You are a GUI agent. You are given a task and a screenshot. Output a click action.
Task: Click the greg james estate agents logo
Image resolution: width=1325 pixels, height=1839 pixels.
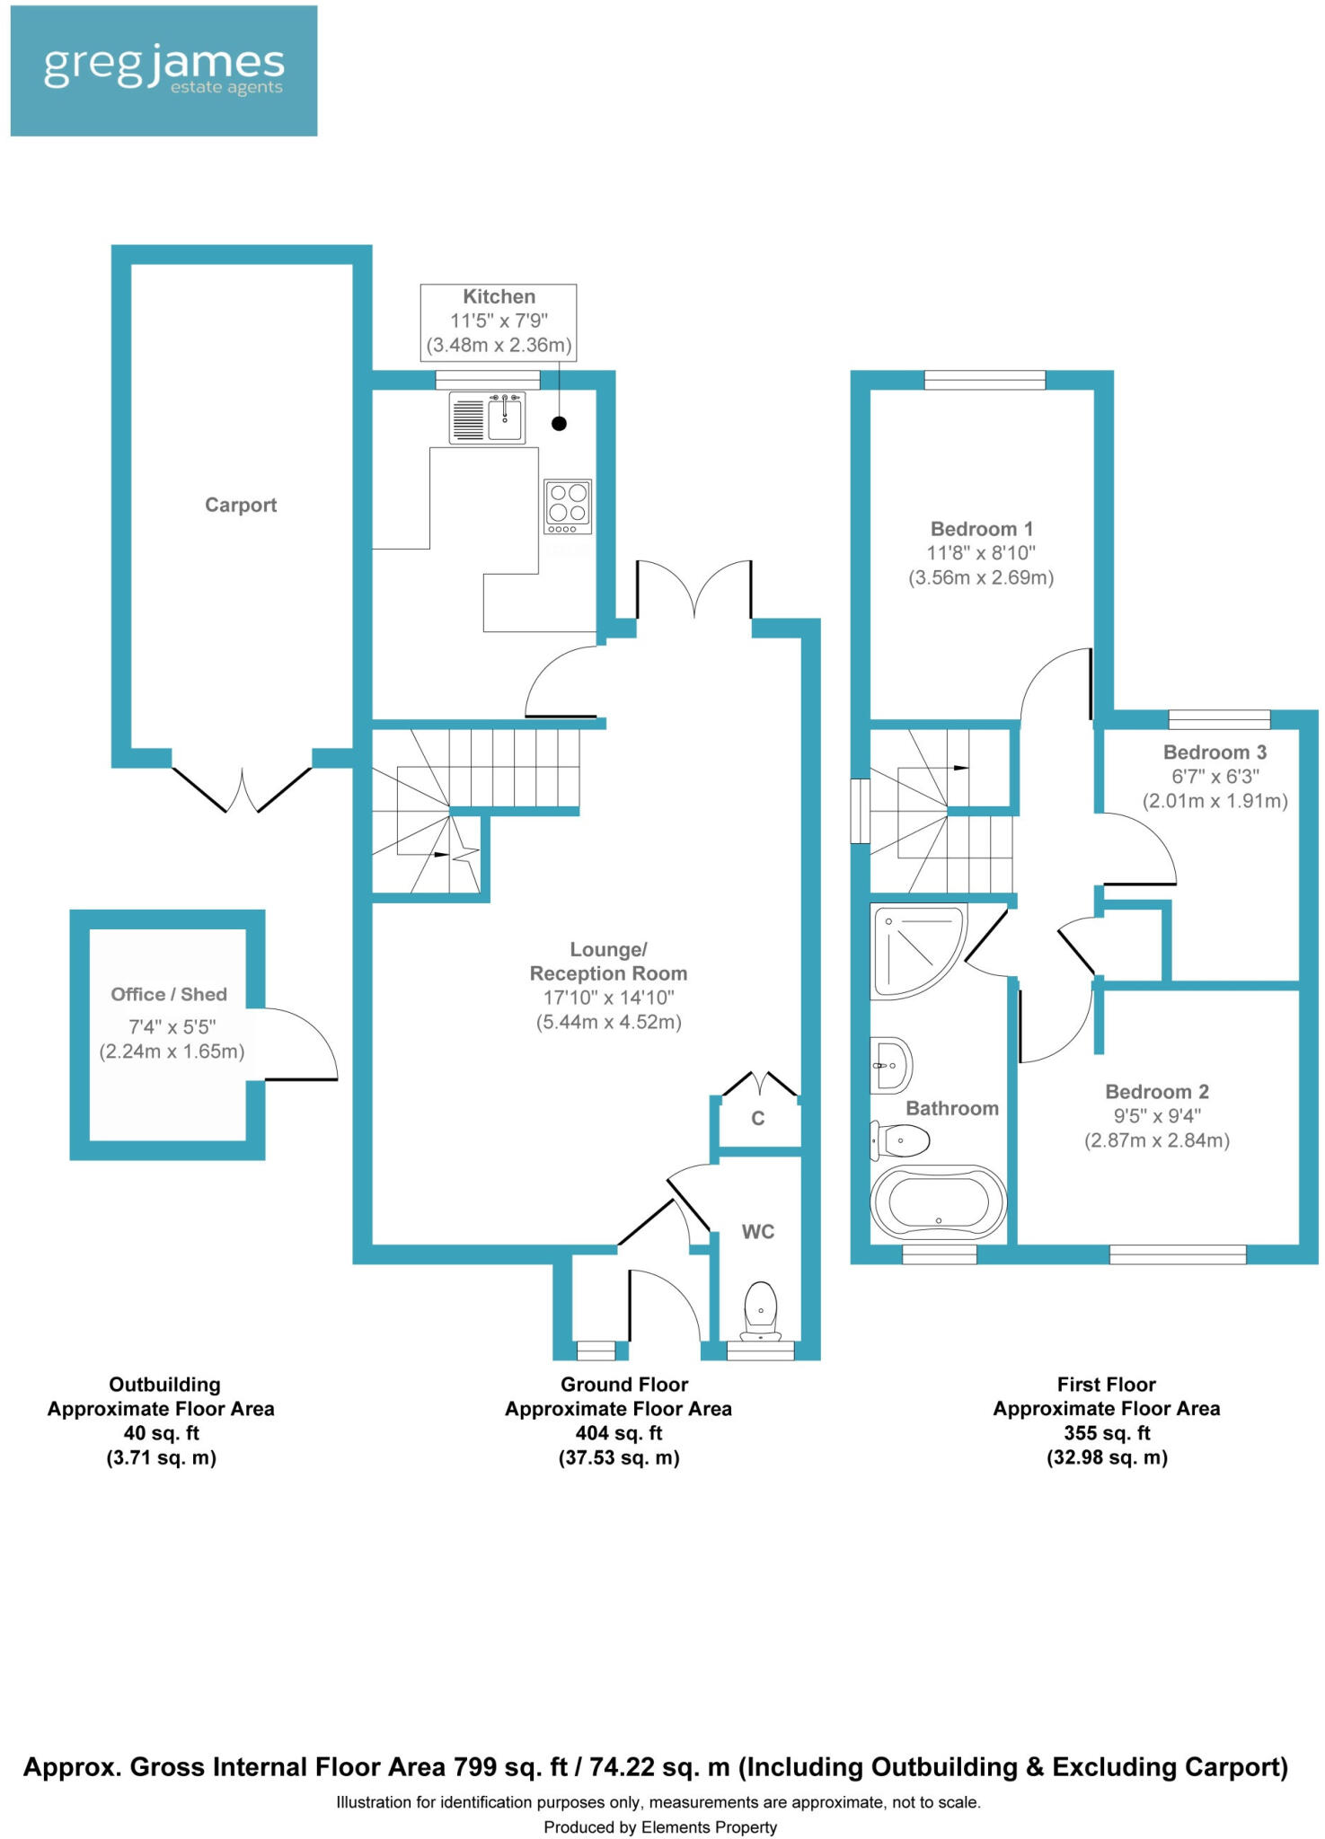163,71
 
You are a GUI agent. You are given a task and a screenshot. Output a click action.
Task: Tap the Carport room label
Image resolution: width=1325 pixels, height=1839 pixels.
241,505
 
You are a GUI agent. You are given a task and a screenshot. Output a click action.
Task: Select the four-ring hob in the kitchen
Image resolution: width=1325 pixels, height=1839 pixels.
568,503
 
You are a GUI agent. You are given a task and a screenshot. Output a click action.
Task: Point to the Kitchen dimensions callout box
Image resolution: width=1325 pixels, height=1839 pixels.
499,321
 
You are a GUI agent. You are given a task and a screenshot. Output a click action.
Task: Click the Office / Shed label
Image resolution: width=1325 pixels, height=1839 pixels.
169,994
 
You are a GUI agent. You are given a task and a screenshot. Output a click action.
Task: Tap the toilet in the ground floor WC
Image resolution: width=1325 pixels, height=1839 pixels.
761,1309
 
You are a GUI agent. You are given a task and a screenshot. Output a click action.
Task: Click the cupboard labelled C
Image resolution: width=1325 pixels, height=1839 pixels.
758,1118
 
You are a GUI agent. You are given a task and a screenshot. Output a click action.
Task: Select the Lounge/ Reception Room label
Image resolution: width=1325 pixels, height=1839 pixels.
608,962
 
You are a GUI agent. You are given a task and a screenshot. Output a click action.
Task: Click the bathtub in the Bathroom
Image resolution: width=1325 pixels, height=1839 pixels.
939,1201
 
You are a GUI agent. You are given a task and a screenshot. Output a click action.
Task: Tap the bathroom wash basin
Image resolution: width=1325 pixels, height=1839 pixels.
891,1066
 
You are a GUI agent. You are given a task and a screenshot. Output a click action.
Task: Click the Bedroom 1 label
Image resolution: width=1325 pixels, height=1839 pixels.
981,529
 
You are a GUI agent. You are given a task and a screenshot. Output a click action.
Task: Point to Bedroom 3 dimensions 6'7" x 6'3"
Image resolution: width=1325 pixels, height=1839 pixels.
1215,777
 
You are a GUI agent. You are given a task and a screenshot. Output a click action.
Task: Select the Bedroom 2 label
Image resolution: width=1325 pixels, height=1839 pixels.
1157,1092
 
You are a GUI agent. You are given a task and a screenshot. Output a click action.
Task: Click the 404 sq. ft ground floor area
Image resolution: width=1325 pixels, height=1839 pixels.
618,1433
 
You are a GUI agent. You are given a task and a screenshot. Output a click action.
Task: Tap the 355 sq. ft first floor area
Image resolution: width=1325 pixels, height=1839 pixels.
1107,1433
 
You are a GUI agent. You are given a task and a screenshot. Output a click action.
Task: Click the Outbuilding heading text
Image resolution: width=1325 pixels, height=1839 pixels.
164,1385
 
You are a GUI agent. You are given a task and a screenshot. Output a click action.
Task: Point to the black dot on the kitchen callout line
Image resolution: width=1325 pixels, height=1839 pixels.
560,424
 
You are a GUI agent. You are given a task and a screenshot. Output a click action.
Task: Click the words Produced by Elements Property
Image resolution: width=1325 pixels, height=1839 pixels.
660,1826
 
